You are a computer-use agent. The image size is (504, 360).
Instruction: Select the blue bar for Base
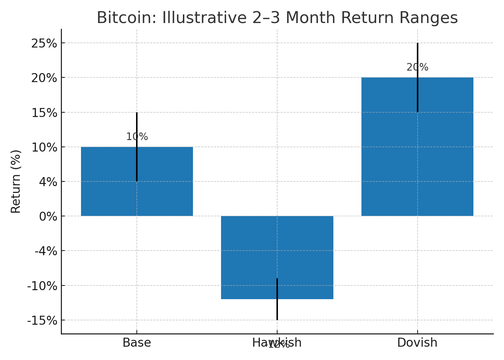click(x=108, y=187)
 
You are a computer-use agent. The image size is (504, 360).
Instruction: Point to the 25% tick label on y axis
click(x=44, y=44)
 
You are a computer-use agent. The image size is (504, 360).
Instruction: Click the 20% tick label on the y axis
click(x=44, y=78)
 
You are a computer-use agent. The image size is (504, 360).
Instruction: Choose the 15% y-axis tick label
click(x=44, y=113)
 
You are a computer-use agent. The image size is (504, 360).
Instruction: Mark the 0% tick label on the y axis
click(x=48, y=217)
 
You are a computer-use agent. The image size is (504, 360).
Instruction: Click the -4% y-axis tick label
click(x=46, y=251)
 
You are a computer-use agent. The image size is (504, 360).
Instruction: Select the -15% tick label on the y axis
click(x=42, y=321)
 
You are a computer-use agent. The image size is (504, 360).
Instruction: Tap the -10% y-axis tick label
click(x=42, y=286)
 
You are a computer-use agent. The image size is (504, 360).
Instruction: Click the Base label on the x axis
click(x=137, y=343)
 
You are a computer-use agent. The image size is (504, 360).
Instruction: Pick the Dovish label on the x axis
click(x=417, y=343)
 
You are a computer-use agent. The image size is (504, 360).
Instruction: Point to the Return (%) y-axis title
click(x=16, y=181)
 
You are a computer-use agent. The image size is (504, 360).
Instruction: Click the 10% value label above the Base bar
click(x=137, y=137)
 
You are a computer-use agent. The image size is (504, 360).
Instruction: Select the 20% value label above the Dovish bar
click(x=417, y=67)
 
